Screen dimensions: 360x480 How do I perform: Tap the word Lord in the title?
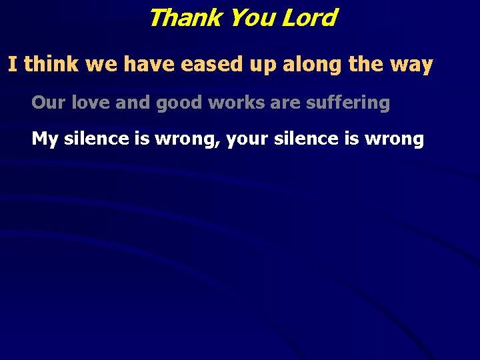[309, 18]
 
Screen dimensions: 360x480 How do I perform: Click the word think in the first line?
[51, 65]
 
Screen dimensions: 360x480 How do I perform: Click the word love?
[89, 103]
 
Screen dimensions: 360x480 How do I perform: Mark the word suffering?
[348, 103]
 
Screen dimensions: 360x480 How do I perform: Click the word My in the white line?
[45, 139]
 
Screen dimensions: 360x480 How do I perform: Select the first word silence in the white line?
[96, 139]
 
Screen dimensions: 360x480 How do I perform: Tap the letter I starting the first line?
[12, 65]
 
